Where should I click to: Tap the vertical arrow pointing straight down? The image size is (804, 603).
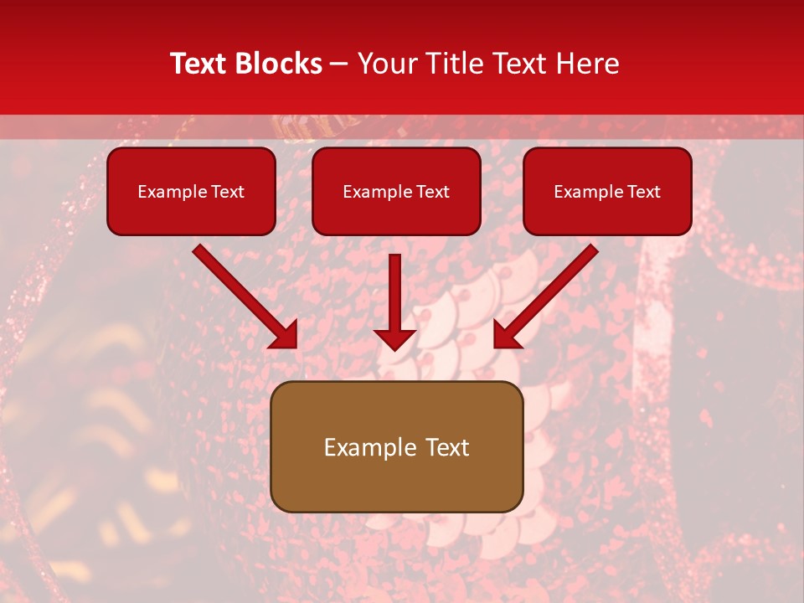394,293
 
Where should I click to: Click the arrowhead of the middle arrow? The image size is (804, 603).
394,338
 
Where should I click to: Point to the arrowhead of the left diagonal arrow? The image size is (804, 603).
285,335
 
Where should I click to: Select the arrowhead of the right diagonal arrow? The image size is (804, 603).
506,335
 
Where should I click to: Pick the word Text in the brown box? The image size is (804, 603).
449,447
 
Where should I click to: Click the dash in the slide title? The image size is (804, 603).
339,64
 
